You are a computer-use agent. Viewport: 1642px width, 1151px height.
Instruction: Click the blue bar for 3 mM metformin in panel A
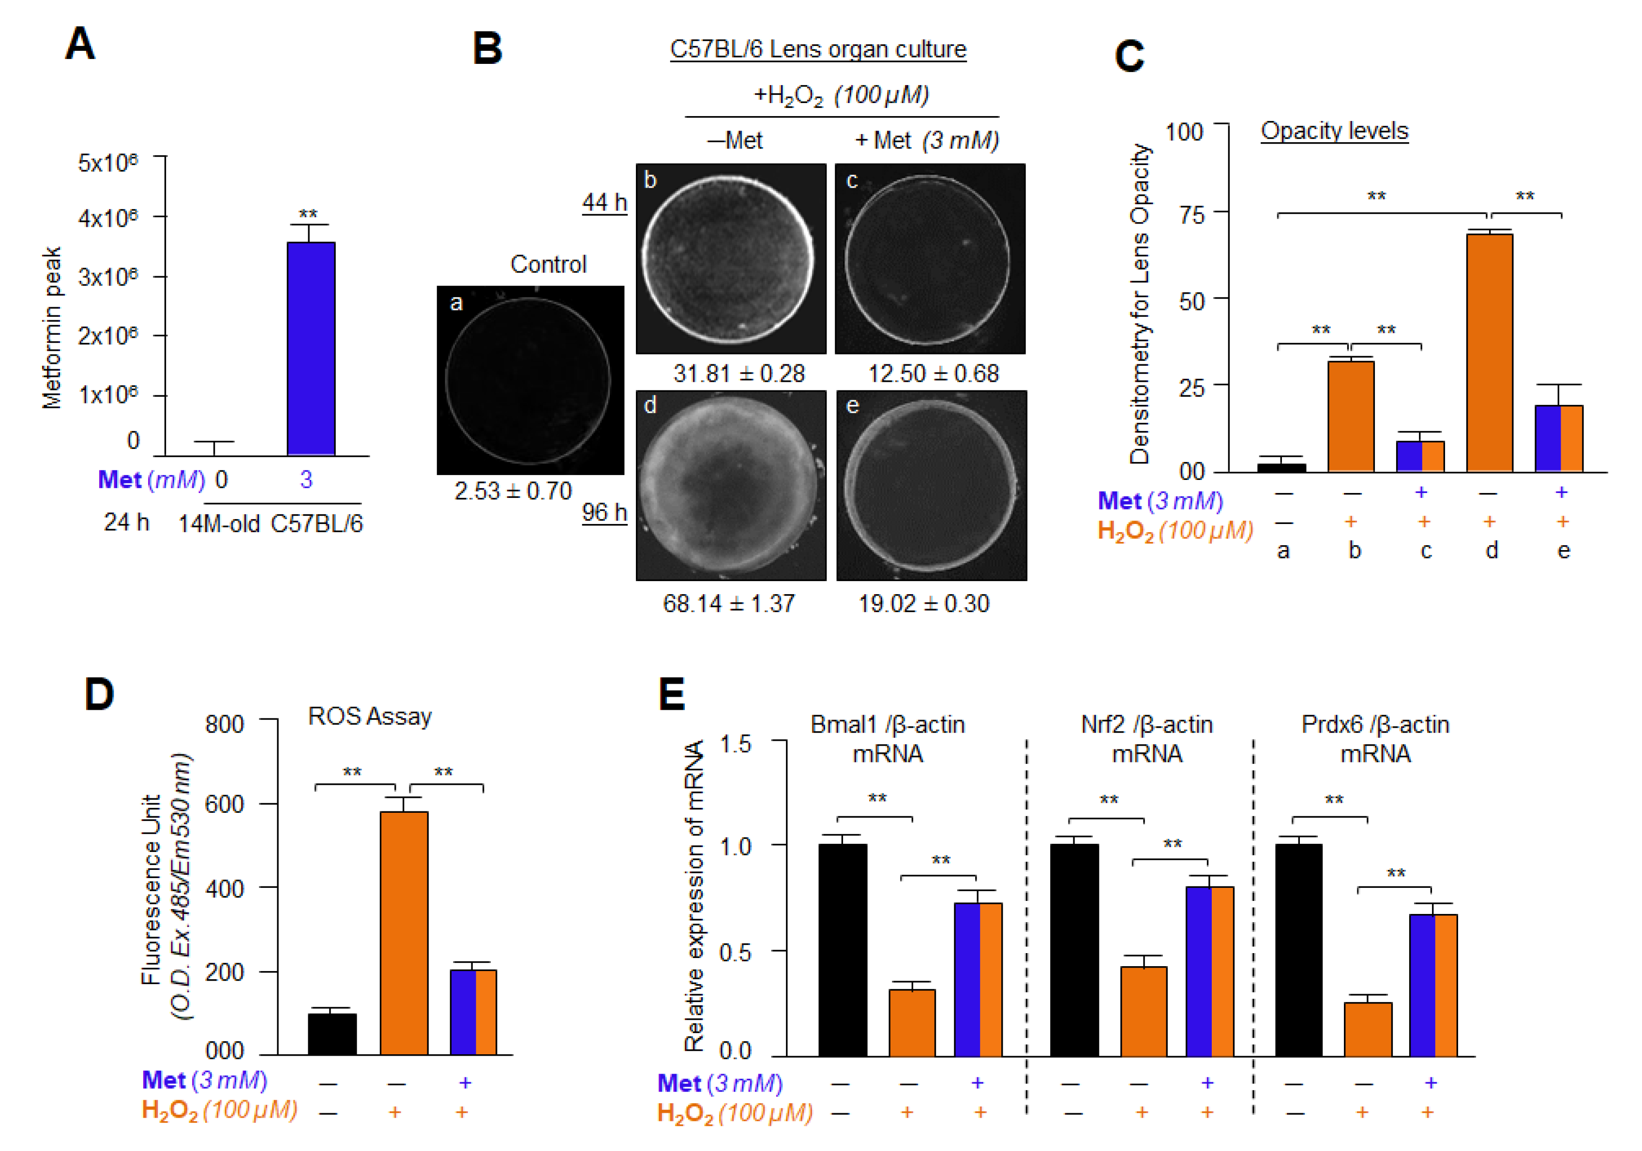tap(311, 348)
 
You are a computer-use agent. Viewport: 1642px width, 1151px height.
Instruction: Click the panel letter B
tap(488, 49)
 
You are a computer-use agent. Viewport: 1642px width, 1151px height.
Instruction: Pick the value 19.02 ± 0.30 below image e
tap(923, 603)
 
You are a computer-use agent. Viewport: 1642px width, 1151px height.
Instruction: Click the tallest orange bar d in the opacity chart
tap(1489, 352)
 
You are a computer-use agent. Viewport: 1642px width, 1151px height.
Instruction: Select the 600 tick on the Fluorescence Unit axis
tap(225, 804)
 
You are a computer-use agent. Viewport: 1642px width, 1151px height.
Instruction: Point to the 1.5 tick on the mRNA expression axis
tap(735, 744)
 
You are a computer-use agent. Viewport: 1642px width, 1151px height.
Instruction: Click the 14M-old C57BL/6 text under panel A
tap(271, 524)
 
